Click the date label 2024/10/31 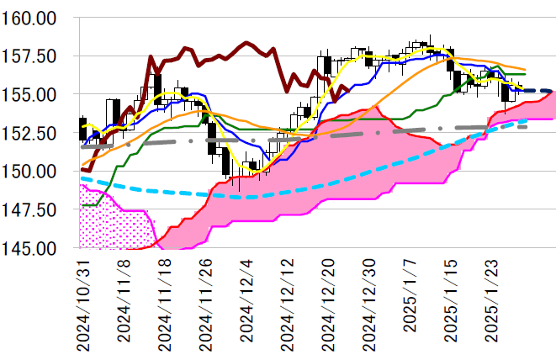tap(82, 304)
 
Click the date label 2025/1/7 tap(410, 297)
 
